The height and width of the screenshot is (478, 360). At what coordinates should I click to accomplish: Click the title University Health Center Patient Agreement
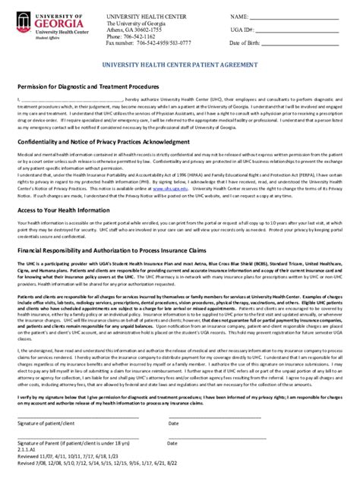(x=179, y=66)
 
